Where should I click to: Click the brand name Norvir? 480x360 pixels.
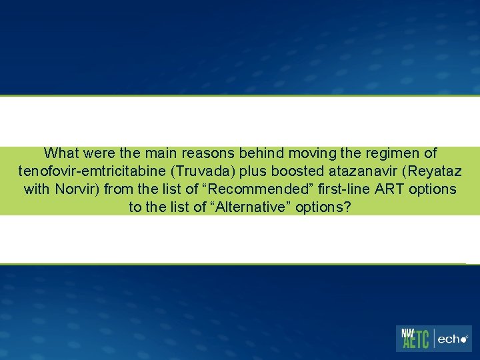click(77, 189)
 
